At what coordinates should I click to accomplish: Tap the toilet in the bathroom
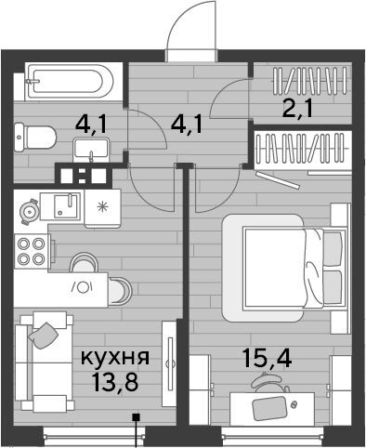pos(35,138)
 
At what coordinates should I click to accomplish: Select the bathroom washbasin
pos(91,150)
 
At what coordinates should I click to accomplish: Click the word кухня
pos(115,358)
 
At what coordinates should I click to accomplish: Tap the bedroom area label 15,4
pos(267,357)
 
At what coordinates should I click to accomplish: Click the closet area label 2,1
pos(297,108)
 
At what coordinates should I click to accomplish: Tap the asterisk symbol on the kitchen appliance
pos(101,205)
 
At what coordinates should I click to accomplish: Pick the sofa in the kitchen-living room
pos(44,362)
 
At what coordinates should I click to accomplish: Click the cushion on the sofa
pos(44,336)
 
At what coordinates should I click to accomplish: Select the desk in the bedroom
pos(272,409)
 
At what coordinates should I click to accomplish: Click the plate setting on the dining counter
pos(83,287)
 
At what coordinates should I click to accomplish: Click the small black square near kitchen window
pos(136,417)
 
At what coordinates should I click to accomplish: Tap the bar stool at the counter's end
pos(120,291)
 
